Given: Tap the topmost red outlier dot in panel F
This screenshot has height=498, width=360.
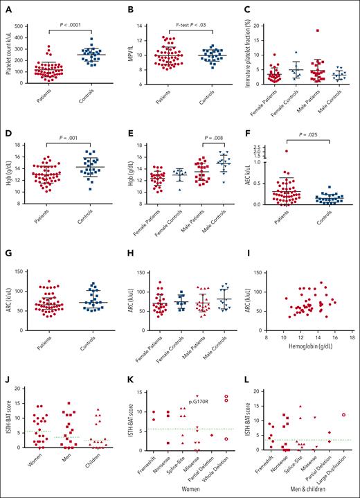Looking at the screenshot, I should click(285, 150).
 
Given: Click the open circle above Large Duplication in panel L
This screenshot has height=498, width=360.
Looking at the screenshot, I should click(344, 414).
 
